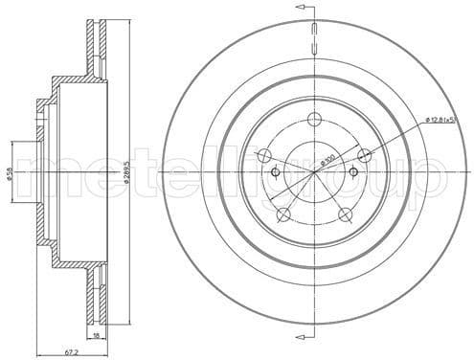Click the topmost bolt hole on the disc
pyautogui.click(x=314, y=120)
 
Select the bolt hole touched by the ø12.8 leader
pyautogui.click(x=363, y=155)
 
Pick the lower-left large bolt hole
pyautogui.click(x=283, y=214)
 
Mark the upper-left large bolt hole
pyautogui.click(x=265, y=155)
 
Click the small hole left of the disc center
pyautogui.click(x=275, y=172)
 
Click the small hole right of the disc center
pyautogui.click(x=352, y=172)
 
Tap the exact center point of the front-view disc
pyautogui.click(x=314, y=172)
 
